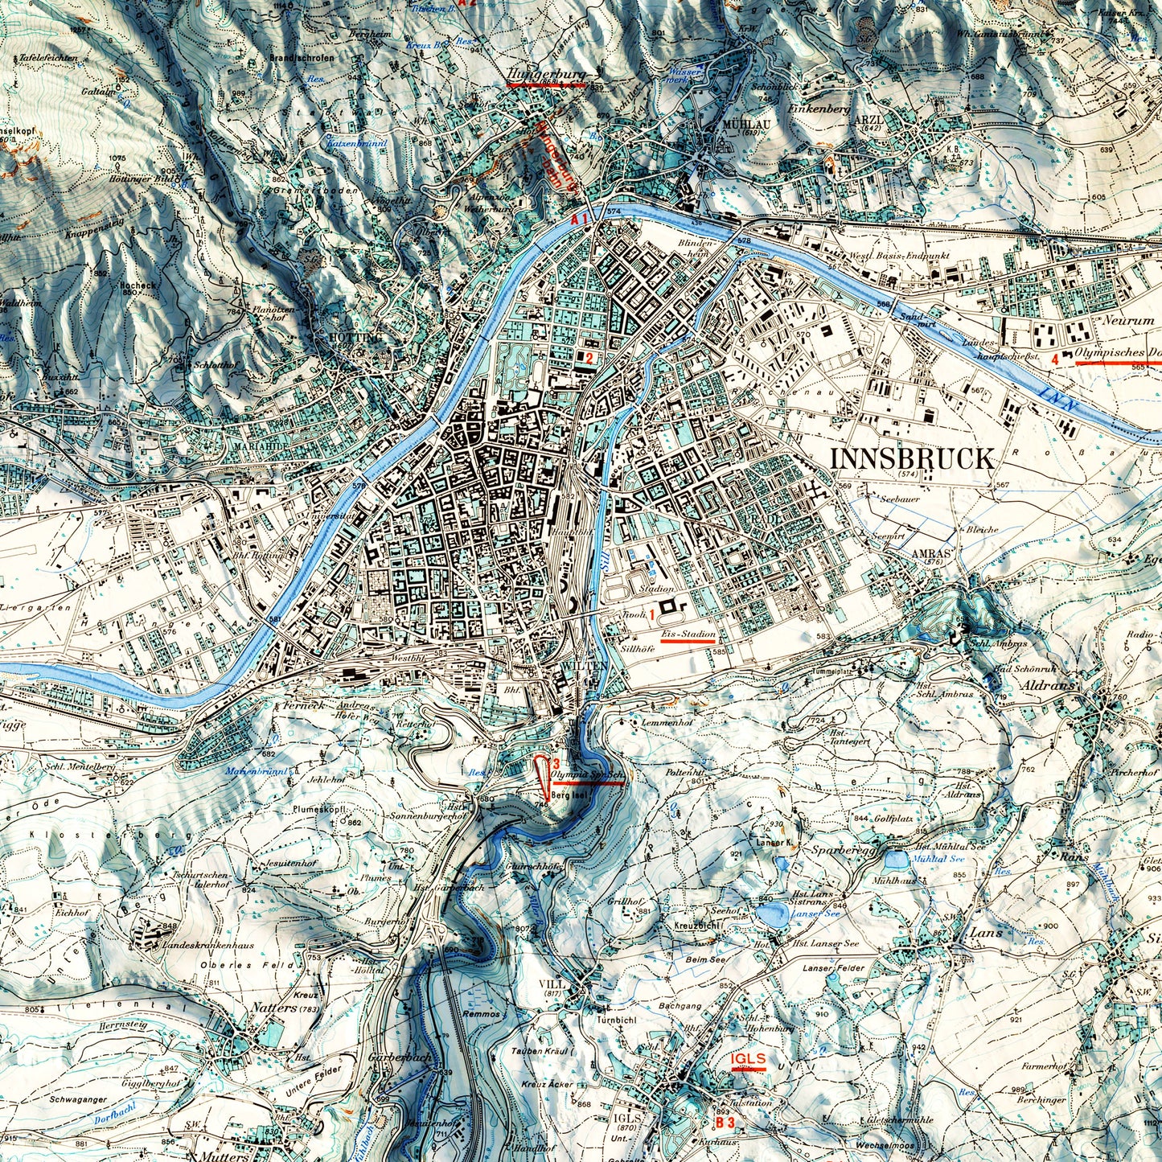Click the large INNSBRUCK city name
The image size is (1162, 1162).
point(911,458)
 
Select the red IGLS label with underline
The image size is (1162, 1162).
point(748,1059)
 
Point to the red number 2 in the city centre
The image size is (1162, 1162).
point(589,358)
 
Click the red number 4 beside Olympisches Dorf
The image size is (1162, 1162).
point(1055,359)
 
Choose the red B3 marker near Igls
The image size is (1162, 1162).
point(725,1122)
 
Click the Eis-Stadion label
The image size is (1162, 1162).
point(688,634)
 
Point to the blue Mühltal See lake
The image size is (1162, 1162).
point(894,860)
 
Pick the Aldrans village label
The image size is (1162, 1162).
point(1049,686)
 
